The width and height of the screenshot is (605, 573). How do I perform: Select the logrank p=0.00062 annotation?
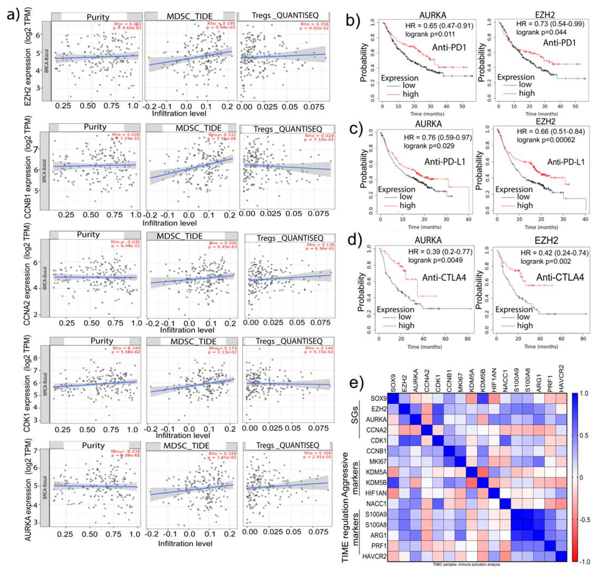(546, 140)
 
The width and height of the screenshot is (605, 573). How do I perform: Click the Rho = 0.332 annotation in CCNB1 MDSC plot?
(221, 135)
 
